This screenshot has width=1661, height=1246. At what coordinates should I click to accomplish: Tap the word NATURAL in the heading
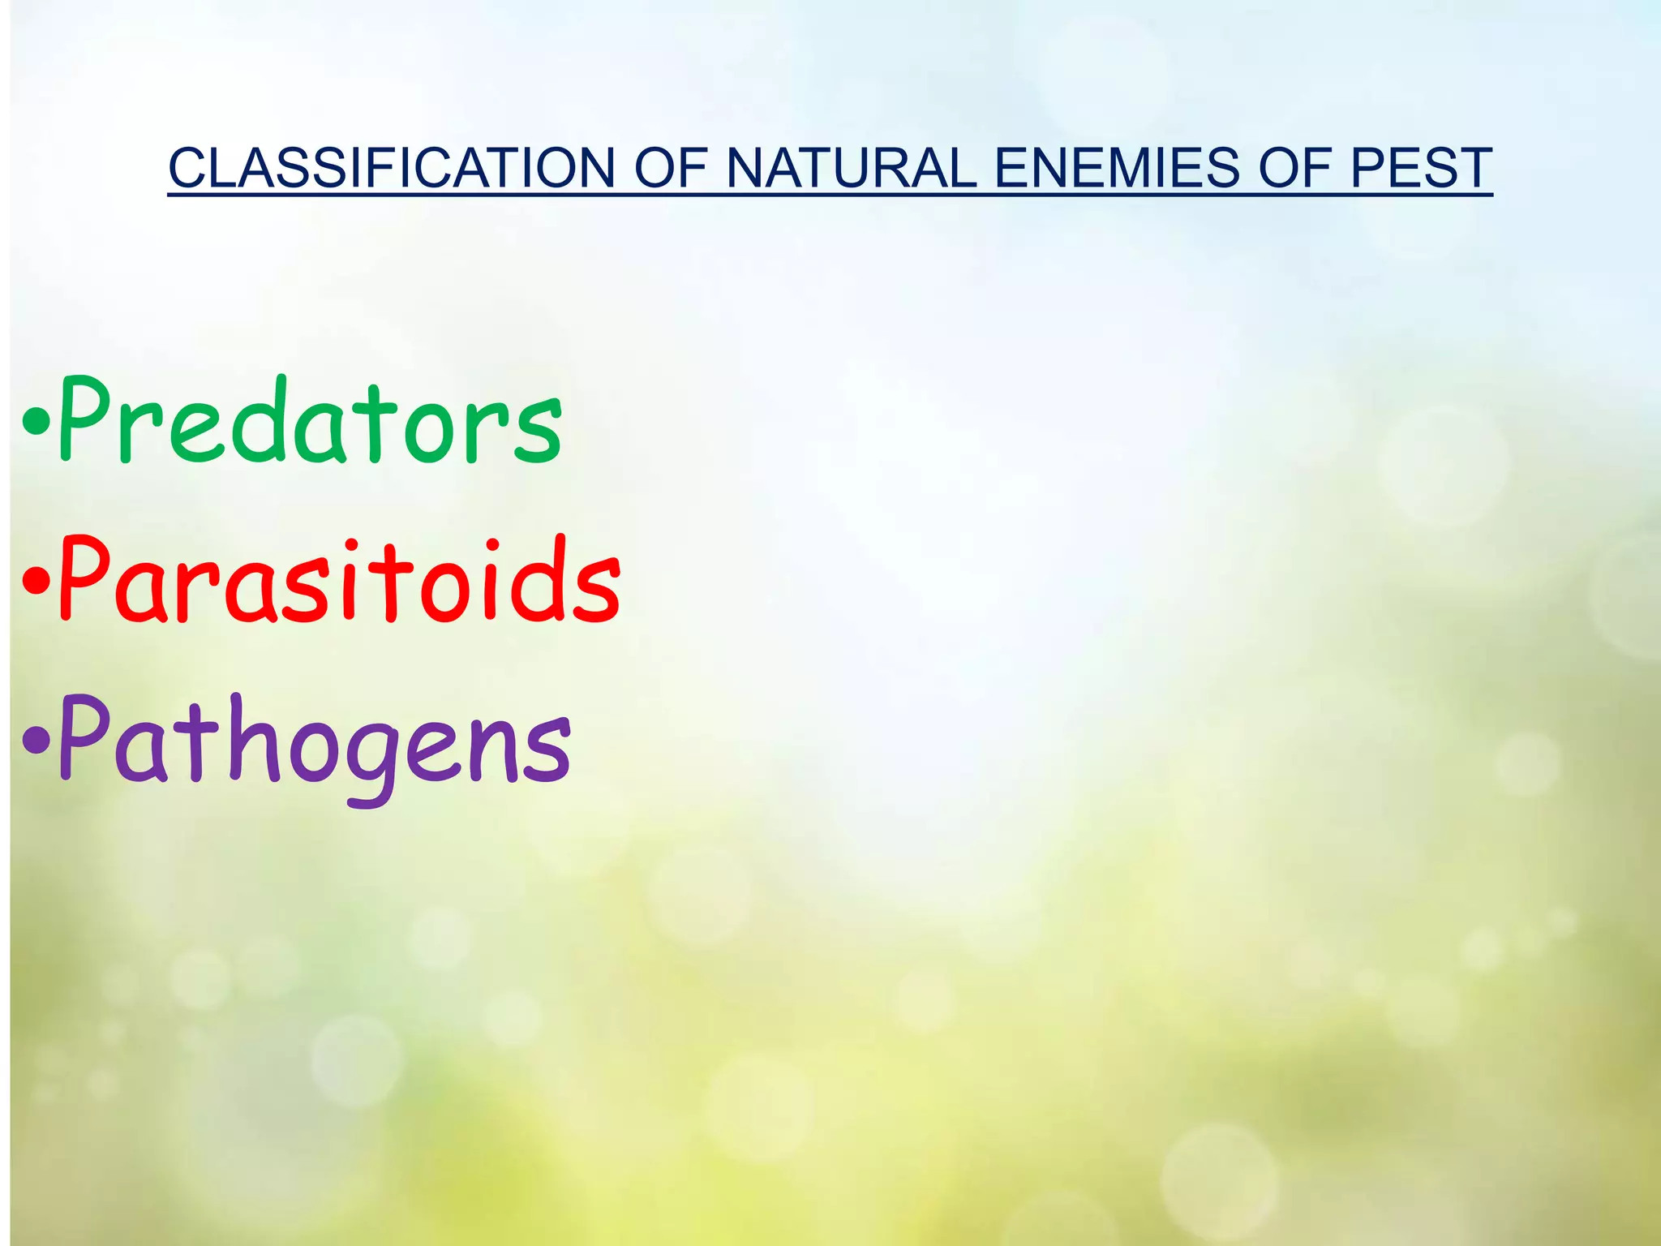point(852,168)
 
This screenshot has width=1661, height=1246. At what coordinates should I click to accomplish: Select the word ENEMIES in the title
point(1117,168)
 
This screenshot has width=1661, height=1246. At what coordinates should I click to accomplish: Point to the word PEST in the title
point(1421,168)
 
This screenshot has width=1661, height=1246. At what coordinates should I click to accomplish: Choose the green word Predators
point(310,422)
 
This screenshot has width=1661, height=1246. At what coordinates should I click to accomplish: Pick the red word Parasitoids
point(340,581)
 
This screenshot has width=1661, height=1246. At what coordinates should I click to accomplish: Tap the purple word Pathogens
point(315,742)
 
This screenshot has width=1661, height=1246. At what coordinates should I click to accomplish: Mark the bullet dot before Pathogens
point(35,739)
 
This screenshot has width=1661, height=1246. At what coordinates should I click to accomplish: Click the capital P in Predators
point(85,418)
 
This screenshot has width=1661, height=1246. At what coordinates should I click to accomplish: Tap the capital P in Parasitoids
point(85,578)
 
